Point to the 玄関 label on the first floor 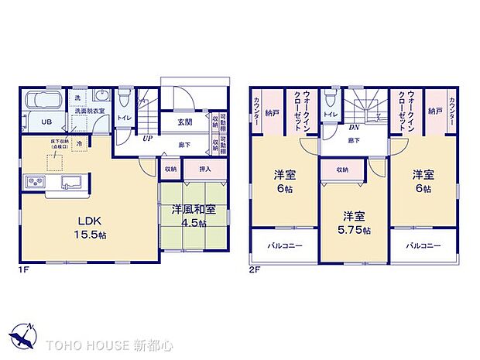[185, 122]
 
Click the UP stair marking [146, 139]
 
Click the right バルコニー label [423, 246]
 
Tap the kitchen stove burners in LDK [36, 183]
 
